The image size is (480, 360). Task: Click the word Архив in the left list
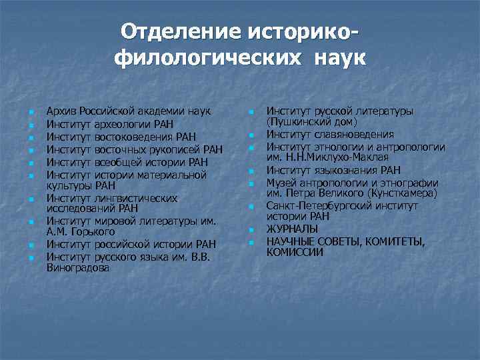click(60, 110)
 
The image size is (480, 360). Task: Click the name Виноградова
click(78, 269)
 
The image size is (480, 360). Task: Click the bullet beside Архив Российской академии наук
click(22, 111)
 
